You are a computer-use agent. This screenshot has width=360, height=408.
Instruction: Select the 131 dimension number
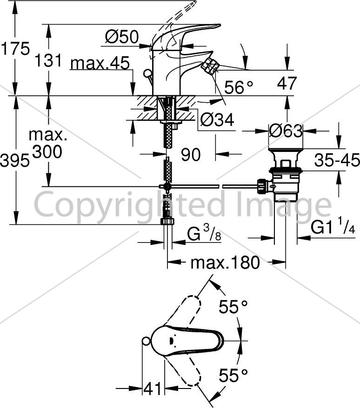pyautogui.click(x=48, y=60)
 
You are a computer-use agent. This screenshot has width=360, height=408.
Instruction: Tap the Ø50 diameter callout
pyautogui.click(x=122, y=37)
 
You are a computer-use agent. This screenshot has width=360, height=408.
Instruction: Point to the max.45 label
pyautogui.click(x=100, y=63)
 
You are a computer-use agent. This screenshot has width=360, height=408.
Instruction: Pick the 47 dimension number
pyautogui.click(x=287, y=83)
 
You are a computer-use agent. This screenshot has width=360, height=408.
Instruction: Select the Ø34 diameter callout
pyautogui.click(x=217, y=120)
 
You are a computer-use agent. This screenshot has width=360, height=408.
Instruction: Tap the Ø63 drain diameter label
pyautogui.click(x=286, y=131)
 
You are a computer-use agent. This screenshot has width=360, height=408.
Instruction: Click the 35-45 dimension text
pyautogui.click(x=337, y=160)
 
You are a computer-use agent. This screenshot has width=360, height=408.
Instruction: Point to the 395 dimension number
pyautogui.click(x=14, y=160)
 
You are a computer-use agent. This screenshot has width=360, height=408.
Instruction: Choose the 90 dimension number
pyautogui.click(x=191, y=155)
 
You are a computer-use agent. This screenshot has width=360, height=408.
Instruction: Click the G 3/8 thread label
pyautogui.click(x=204, y=233)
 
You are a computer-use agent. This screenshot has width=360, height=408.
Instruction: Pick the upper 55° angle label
pyautogui.click(x=233, y=307)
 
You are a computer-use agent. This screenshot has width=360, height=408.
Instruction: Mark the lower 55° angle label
pyautogui.click(x=233, y=375)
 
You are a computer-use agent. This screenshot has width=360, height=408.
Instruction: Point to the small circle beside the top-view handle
pyautogui.click(x=147, y=342)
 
